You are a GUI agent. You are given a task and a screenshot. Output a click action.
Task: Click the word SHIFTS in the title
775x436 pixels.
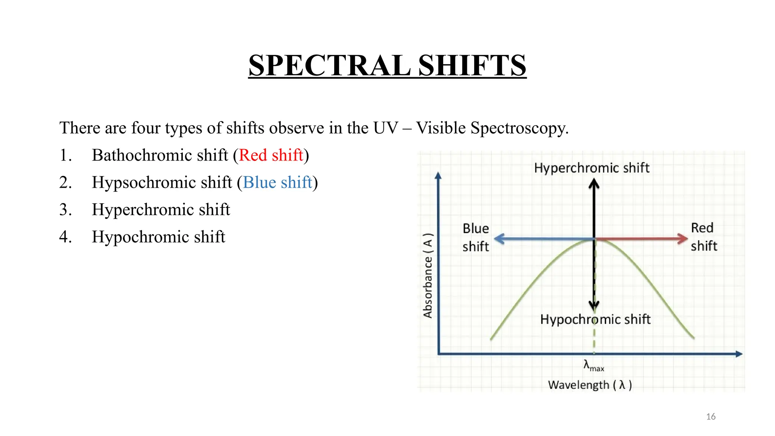(x=472, y=65)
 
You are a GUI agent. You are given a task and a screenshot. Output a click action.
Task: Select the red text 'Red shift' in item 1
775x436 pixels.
(x=271, y=155)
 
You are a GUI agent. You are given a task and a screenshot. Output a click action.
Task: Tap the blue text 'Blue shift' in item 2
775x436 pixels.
(x=277, y=182)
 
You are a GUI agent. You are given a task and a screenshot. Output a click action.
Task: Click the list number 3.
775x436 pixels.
(x=65, y=210)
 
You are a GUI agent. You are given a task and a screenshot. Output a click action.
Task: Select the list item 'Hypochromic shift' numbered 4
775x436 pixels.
(x=158, y=237)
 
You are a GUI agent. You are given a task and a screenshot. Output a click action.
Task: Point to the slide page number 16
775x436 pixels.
(x=711, y=417)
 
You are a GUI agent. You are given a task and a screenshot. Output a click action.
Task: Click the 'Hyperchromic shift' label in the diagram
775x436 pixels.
(x=591, y=168)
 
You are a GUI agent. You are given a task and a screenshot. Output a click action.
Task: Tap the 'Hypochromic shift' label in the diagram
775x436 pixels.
(x=595, y=319)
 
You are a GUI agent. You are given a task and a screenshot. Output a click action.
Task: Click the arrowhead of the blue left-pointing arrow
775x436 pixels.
(x=499, y=239)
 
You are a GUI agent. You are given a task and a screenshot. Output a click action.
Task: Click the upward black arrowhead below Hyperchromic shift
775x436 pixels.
(x=594, y=184)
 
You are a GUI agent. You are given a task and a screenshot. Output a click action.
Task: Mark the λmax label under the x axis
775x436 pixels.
(x=593, y=366)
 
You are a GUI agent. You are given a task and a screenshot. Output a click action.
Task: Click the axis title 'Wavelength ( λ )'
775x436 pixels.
(x=590, y=385)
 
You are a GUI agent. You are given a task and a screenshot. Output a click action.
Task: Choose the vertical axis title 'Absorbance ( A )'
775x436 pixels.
(x=428, y=276)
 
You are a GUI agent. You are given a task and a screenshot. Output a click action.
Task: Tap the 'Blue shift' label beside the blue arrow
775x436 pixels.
(x=476, y=237)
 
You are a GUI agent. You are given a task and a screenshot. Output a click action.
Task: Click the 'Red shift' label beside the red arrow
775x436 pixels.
(x=703, y=237)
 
